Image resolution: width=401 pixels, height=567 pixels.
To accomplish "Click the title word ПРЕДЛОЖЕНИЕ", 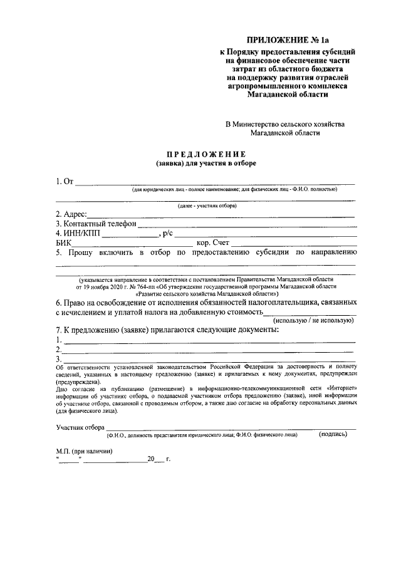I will tap(206, 154).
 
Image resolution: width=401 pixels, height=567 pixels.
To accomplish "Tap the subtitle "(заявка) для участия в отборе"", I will tap(206, 164).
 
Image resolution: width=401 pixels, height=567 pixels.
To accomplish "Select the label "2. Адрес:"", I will tap(71, 214).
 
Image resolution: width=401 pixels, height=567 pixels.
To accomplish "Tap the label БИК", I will tap(64, 243).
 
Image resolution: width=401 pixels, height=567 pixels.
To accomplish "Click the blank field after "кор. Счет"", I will tap(294, 243).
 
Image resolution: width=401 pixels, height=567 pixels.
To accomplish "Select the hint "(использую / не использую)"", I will tap(317, 320).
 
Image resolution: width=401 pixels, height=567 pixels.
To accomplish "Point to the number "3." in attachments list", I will tap(59, 360).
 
